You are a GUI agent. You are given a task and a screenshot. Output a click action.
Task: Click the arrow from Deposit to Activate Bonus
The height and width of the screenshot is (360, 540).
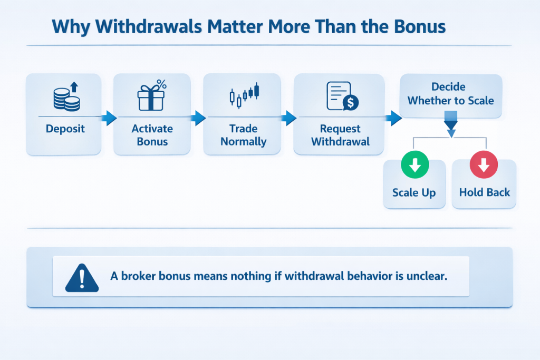click(108, 118)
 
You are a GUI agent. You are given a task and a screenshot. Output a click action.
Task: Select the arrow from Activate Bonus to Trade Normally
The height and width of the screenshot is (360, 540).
click(198, 118)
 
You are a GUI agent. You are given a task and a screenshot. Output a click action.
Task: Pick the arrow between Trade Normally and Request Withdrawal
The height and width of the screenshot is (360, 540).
click(289, 118)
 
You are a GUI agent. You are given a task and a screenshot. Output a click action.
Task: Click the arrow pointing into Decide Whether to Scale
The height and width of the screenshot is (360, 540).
click(394, 118)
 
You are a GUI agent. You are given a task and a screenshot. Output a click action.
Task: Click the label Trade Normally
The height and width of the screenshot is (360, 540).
click(243, 135)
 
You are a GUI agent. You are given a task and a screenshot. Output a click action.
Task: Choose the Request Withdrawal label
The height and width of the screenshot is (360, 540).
click(340, 135)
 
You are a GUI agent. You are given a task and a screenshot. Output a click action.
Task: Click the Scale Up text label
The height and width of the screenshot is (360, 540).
click(414, 192)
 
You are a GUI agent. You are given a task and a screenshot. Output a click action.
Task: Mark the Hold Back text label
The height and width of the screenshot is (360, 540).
click(484, 192)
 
